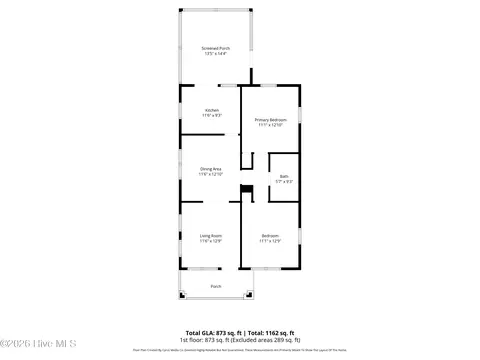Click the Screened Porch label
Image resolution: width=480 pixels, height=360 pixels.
pos(215,47)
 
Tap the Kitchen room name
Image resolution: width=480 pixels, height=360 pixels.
pos(211,110)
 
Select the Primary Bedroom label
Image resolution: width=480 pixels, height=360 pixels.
pos(270,120)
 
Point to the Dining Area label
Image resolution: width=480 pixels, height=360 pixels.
pos(211,169)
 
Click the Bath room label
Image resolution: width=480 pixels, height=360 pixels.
pos(284,176)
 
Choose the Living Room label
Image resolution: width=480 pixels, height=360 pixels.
pos(211,235)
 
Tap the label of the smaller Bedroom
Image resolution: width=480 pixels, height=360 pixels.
pos(270,235)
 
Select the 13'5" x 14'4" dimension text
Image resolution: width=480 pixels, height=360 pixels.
pos(215,53)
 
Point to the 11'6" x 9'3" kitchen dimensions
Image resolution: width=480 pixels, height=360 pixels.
pos(211,116)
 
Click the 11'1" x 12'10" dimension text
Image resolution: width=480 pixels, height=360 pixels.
pos(270,126)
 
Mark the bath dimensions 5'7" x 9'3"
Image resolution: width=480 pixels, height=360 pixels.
pos(284,181)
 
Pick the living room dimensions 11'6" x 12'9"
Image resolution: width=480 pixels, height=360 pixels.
pos(211,241)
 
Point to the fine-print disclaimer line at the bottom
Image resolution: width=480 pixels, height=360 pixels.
pos(240,350)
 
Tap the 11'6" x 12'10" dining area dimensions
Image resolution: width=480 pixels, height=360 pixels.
pos(211,175)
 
